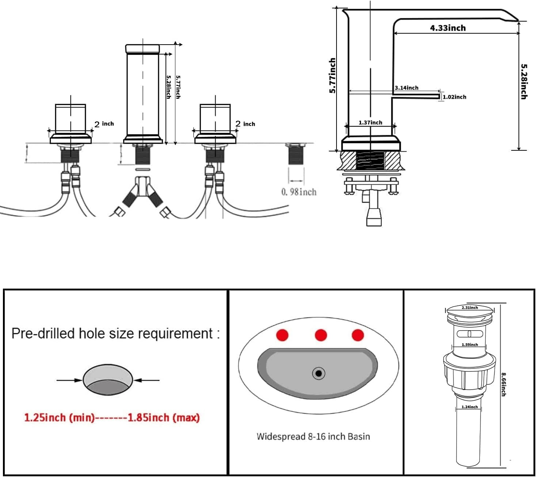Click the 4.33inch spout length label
pyautogui.click(x=448, y=28)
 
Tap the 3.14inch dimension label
pyautogui.click(x=406, y=88)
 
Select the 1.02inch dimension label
pyautogui.click(x=454, y=97)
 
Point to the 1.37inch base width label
pyautogui.click(x=370, y=123)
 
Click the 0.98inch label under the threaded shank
pyautogui.click(x=299, y=192)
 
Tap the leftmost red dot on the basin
pyautogui.click(x=282, y=335)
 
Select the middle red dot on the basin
pyautogui.click(x=320, y=335)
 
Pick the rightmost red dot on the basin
pyautogui.click(x=358, y=335)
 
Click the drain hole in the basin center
pyautogui.click(x=319, y=373)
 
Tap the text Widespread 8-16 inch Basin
pyautogui.click(x=313, y=436)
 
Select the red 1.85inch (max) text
pyautogui.click(x=163, y=417)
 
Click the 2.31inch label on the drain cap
pyautogui.click(x=470, y=308)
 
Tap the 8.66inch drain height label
pyautogui.click(x=503, y=384)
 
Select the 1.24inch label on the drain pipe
pyautogui.click(x=470, y=407)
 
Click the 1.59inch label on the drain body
pyautogui.click(x=470, y=345)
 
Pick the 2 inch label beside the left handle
pyautogui.click(x=104, y=124)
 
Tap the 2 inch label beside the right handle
pyautogui.click(x=245, y=124)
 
